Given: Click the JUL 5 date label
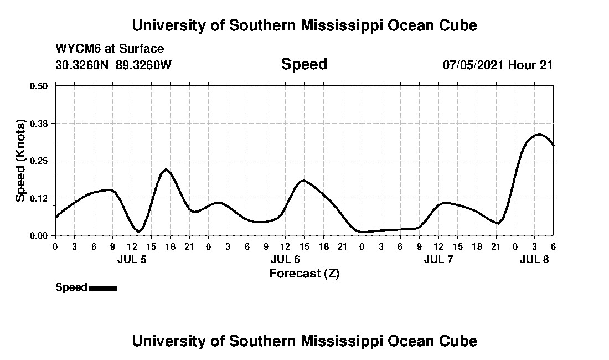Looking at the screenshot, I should pyautogui.click(x=132, y=259).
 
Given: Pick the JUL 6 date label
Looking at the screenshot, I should pyautogui.click(x=285, y=259).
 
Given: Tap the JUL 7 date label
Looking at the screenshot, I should pyautogui.click(x=438, y=259).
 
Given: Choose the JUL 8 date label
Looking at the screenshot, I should pyautogui.click(x=534, y=259).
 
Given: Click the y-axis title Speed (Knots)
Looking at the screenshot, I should pyautogui.click(x=20, y=161).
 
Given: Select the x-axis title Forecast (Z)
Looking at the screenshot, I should pyautogui.click(x=304, y=274).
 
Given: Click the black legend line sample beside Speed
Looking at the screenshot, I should pyautogui.click(x=103, y=288).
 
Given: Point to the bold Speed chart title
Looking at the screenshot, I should pyautogui.click(x=304, y=64).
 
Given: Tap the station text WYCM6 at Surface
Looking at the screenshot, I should pyautogui.click(x=110, y=49).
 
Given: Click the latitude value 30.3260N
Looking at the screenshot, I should pyautogui.click(x=82, y=65).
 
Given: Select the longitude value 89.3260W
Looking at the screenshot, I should pyautogui.click(x=144, y=65).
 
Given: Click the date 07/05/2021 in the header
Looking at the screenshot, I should pyautogui.click(x=473, y=65).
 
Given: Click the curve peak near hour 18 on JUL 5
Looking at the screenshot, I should pyautogui.click(x=166, y=169).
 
